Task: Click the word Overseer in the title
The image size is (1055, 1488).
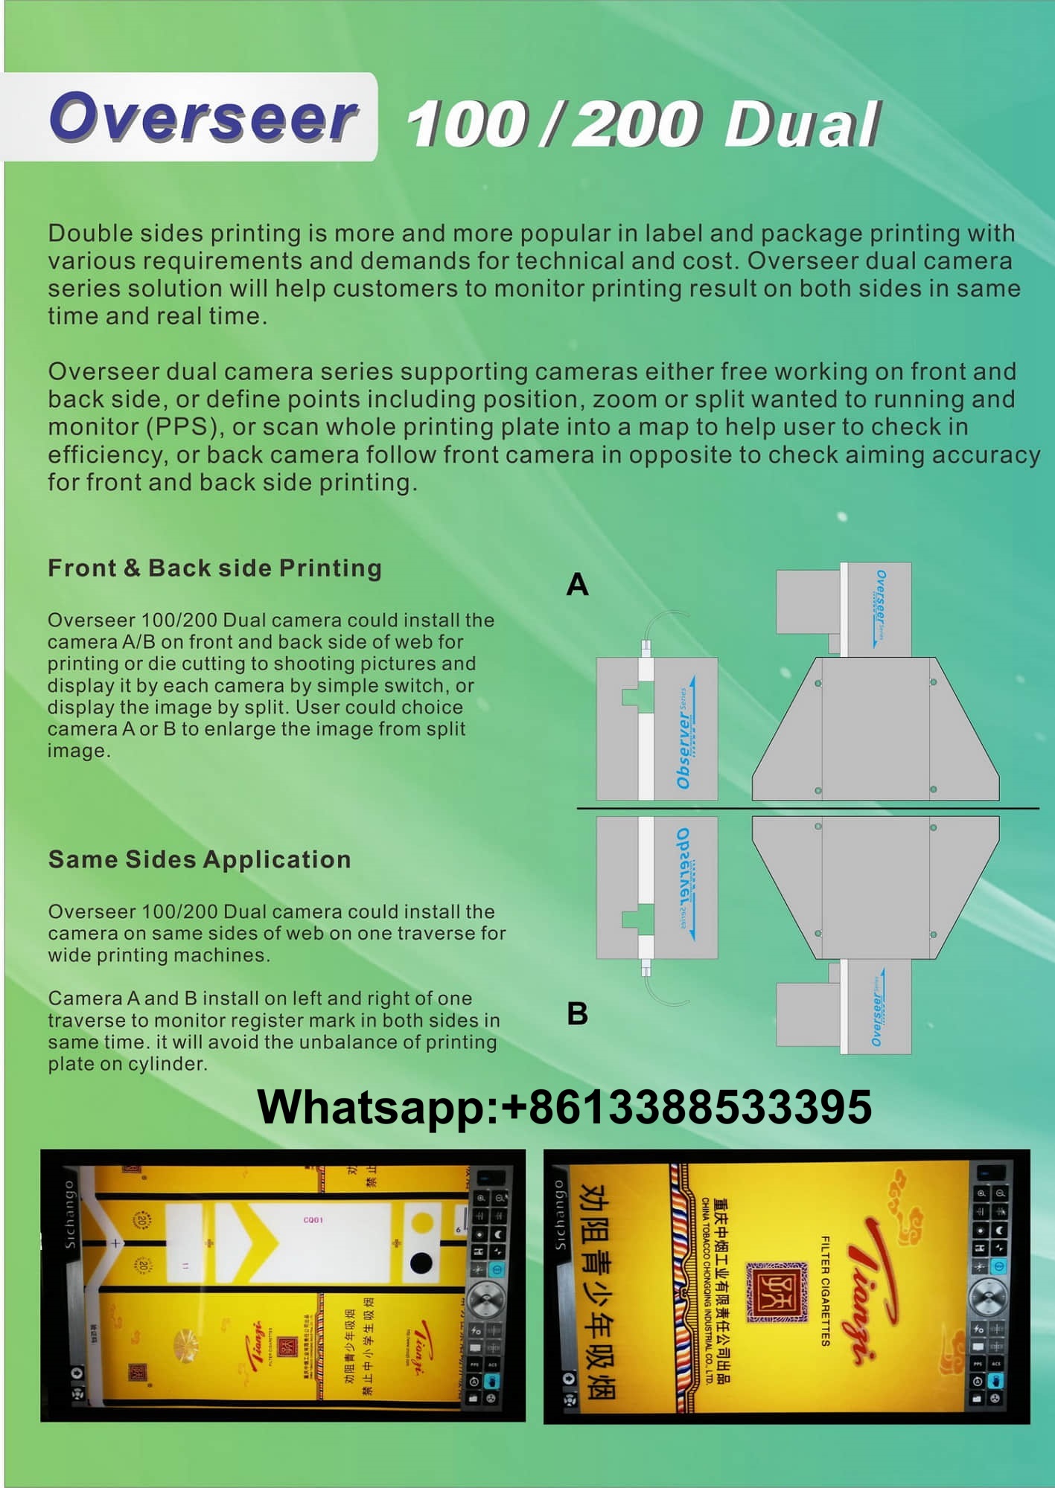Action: tap(203, 118)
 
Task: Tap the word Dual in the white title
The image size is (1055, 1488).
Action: tap(802, 124)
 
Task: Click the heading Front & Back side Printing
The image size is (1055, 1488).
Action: tap(214, 568)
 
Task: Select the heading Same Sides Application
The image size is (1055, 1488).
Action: tap(200, 860)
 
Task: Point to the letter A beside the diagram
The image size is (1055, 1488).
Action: tap(577, 586)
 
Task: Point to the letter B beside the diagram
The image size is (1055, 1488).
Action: tap(577, 1014)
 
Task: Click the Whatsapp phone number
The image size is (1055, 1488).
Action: tap(564, 1107)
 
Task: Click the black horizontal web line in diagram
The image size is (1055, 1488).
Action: tap(808, 808)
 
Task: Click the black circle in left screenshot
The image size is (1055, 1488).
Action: tap(421, 1263)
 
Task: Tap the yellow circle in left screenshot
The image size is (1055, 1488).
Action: tap(422, 1222)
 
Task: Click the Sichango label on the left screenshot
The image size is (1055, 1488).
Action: tap(70, 1214)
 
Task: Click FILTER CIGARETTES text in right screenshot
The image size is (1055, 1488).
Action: tap(825, 1291)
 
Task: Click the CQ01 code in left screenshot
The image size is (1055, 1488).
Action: tap(313, 1220)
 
